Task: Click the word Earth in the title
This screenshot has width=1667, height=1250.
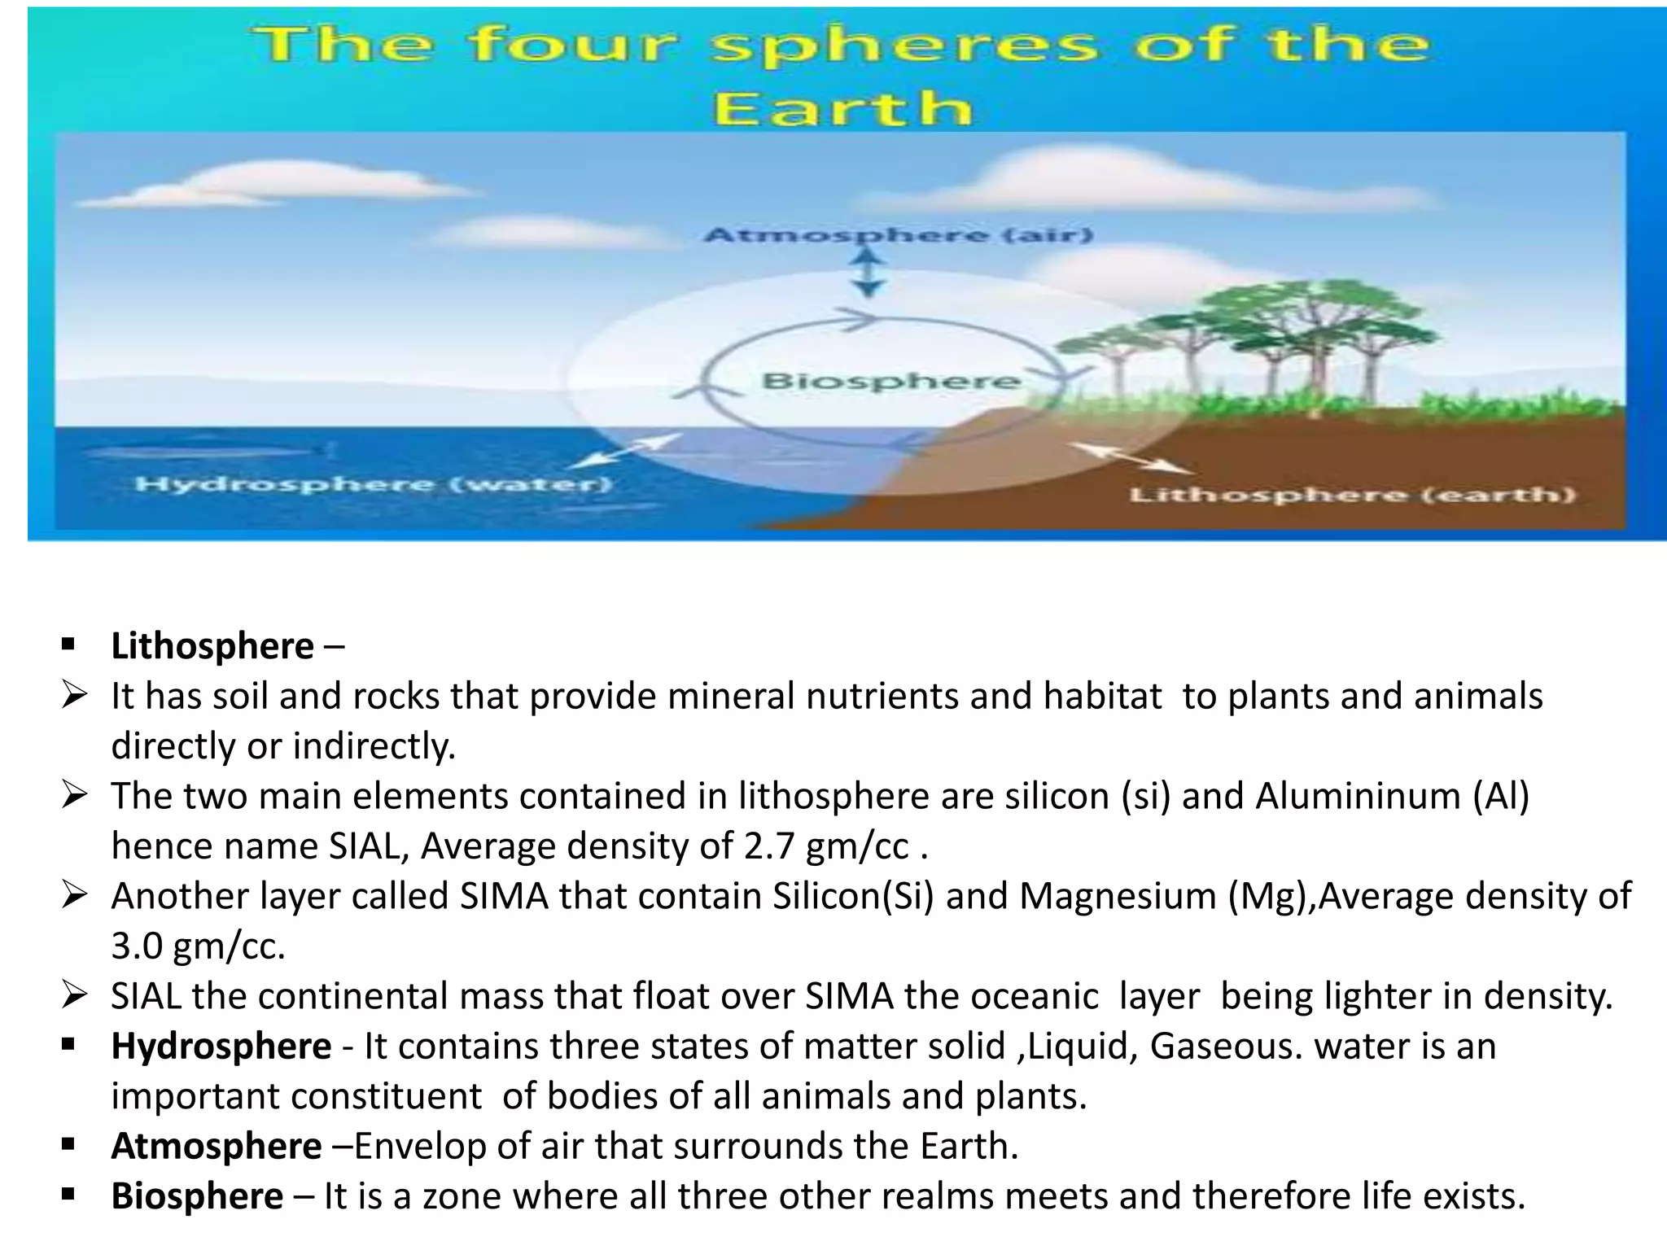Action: pos(842,108)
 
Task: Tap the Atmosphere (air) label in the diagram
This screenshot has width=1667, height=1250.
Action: pos(898,235)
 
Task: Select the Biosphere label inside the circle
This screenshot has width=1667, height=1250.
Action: pos(890,381)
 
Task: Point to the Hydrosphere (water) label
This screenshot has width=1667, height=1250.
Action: pos(374,485)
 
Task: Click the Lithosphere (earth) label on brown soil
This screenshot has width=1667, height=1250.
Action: pos(1352,495)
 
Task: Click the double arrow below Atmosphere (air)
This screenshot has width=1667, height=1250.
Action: pos(869,273)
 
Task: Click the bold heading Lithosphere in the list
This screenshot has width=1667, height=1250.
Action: pos(212,646)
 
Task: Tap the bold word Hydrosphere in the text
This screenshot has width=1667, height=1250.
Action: pos(221,1047)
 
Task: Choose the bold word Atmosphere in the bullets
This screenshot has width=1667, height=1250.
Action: pos(217,1147)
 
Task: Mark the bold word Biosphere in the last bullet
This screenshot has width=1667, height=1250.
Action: pos(197,1196)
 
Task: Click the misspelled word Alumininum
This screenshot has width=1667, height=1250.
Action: pos(1358,796)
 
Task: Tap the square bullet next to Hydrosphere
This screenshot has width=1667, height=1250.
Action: pos(68,1044)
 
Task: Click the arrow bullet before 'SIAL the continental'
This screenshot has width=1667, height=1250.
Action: pos(73,995)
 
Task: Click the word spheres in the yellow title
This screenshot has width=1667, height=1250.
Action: pos(904,45)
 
